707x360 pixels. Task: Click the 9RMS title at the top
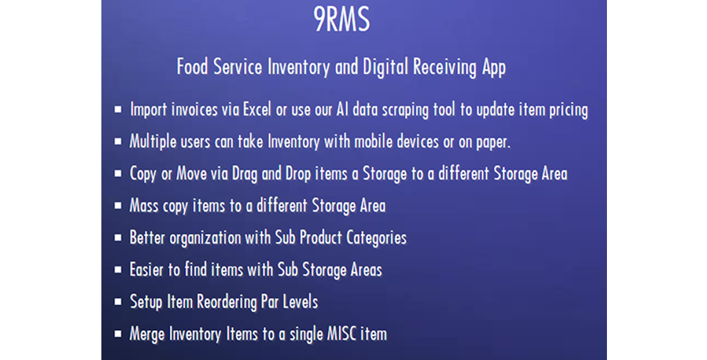click(x=342, y=19)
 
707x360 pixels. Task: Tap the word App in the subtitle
click(x=492, y=68)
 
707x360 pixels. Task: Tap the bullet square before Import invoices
click(x=118, y=110)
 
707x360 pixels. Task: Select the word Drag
click(x=245, y=174)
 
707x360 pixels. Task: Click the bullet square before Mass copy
click(x=118, y=206)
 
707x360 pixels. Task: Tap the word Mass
click(x=144, y=206)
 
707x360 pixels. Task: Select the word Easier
click(x=149, y=270)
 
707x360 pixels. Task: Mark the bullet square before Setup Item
click(x=118, y=302)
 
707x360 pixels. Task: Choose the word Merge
click(x=147, y=334)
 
